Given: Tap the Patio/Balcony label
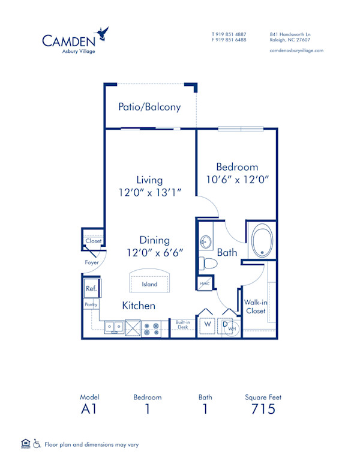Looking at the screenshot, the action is pyautogui.click(x=149, y=107).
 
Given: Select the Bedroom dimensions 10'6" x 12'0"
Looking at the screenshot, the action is pyautogui.click(x=238, y=180).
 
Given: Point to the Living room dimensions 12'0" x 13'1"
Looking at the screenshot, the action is pyautogui.click(x=150, y=192).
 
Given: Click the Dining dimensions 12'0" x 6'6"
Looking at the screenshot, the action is pyautogui.click(x=155, y=253).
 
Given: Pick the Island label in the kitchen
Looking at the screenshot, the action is pyautogui.click(x=149, y=284).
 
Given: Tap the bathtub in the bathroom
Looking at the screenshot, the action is pyautogui.click(x=262, y=240).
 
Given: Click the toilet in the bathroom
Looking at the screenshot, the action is pyautogui.click(x=208, y=263).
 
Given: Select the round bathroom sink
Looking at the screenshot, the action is pyautogui.click(x=206, y=242).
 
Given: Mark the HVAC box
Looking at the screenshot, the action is pyautogui.click(x=205, y=283).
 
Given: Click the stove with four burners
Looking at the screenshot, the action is pyautogui.click(x=151, y=329).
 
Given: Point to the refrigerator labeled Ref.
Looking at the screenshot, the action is pyautogui.click(x=92, y=288).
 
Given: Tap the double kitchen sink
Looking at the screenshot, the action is pyautogui.click(x=114, y=327).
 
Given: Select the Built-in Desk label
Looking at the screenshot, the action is pyautogui.click(x=182, y=324).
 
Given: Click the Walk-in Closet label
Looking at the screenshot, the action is pyautogui.click(x=256, y=306).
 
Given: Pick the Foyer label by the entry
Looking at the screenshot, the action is pyautogui.click(x=91, y=262).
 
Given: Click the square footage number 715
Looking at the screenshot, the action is pyautogui.click(x=263, y=409).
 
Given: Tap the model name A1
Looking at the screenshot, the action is pyautogui.click(x=89, y=409).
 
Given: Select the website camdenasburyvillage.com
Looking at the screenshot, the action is pyautogui.click(x=296, y=50).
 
